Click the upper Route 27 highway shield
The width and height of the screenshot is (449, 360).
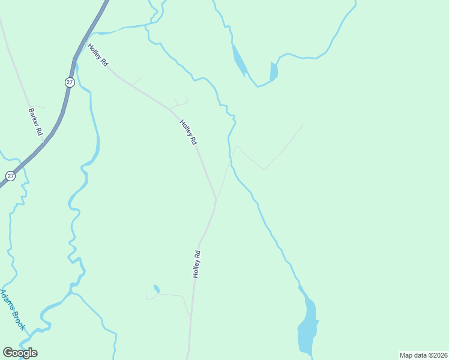[x=70, y=83]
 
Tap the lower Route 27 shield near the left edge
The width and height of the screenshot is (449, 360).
[x=10, y=176]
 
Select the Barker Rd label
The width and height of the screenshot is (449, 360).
[x=35, y=122]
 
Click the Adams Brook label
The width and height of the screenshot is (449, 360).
[x=13, y=310]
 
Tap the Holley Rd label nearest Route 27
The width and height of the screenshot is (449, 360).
[x=97, y=55]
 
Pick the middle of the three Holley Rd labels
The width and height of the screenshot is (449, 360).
[x=188, y=132]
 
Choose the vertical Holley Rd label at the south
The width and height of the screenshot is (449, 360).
[x=196, y=263]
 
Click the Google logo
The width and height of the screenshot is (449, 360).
[x=20, y=353]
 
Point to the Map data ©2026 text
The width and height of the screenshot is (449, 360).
[x=423, y=355]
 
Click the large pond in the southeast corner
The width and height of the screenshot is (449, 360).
[x=309, y=327]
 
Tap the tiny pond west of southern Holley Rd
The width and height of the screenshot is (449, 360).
[x=157, y=289]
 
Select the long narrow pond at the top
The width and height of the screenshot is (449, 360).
[x=239, y=59]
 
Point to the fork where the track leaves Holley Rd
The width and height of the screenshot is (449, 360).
[x=216, y=198]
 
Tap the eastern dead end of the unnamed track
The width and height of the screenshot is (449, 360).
[x=303, y=124]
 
